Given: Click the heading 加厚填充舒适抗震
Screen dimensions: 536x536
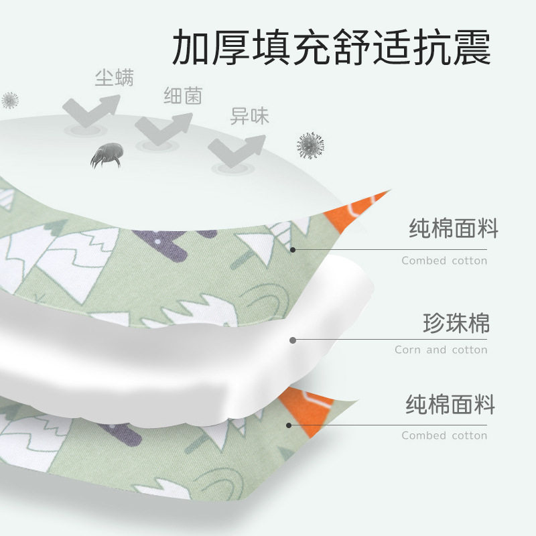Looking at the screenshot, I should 332,46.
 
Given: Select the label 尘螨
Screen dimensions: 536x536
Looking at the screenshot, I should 114,78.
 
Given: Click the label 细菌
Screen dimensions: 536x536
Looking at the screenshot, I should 183,96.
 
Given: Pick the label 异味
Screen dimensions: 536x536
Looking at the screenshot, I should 250,117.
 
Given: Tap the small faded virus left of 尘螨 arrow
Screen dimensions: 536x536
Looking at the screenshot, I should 9,100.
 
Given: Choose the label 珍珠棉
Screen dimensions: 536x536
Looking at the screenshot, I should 456,324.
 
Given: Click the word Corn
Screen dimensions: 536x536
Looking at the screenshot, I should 407,350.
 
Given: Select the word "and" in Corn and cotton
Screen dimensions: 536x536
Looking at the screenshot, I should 436,350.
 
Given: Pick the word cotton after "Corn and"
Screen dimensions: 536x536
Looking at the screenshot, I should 470,350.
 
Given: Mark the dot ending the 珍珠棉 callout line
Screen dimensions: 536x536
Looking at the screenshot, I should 293,340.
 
